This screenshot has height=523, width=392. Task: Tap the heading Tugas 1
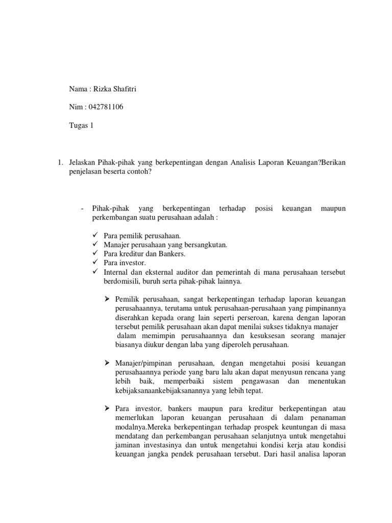click(x=82, y=125)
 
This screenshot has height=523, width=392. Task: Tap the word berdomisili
click(x=120, y=281)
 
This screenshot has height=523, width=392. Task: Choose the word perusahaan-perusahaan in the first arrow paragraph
click(x=242, y=307)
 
